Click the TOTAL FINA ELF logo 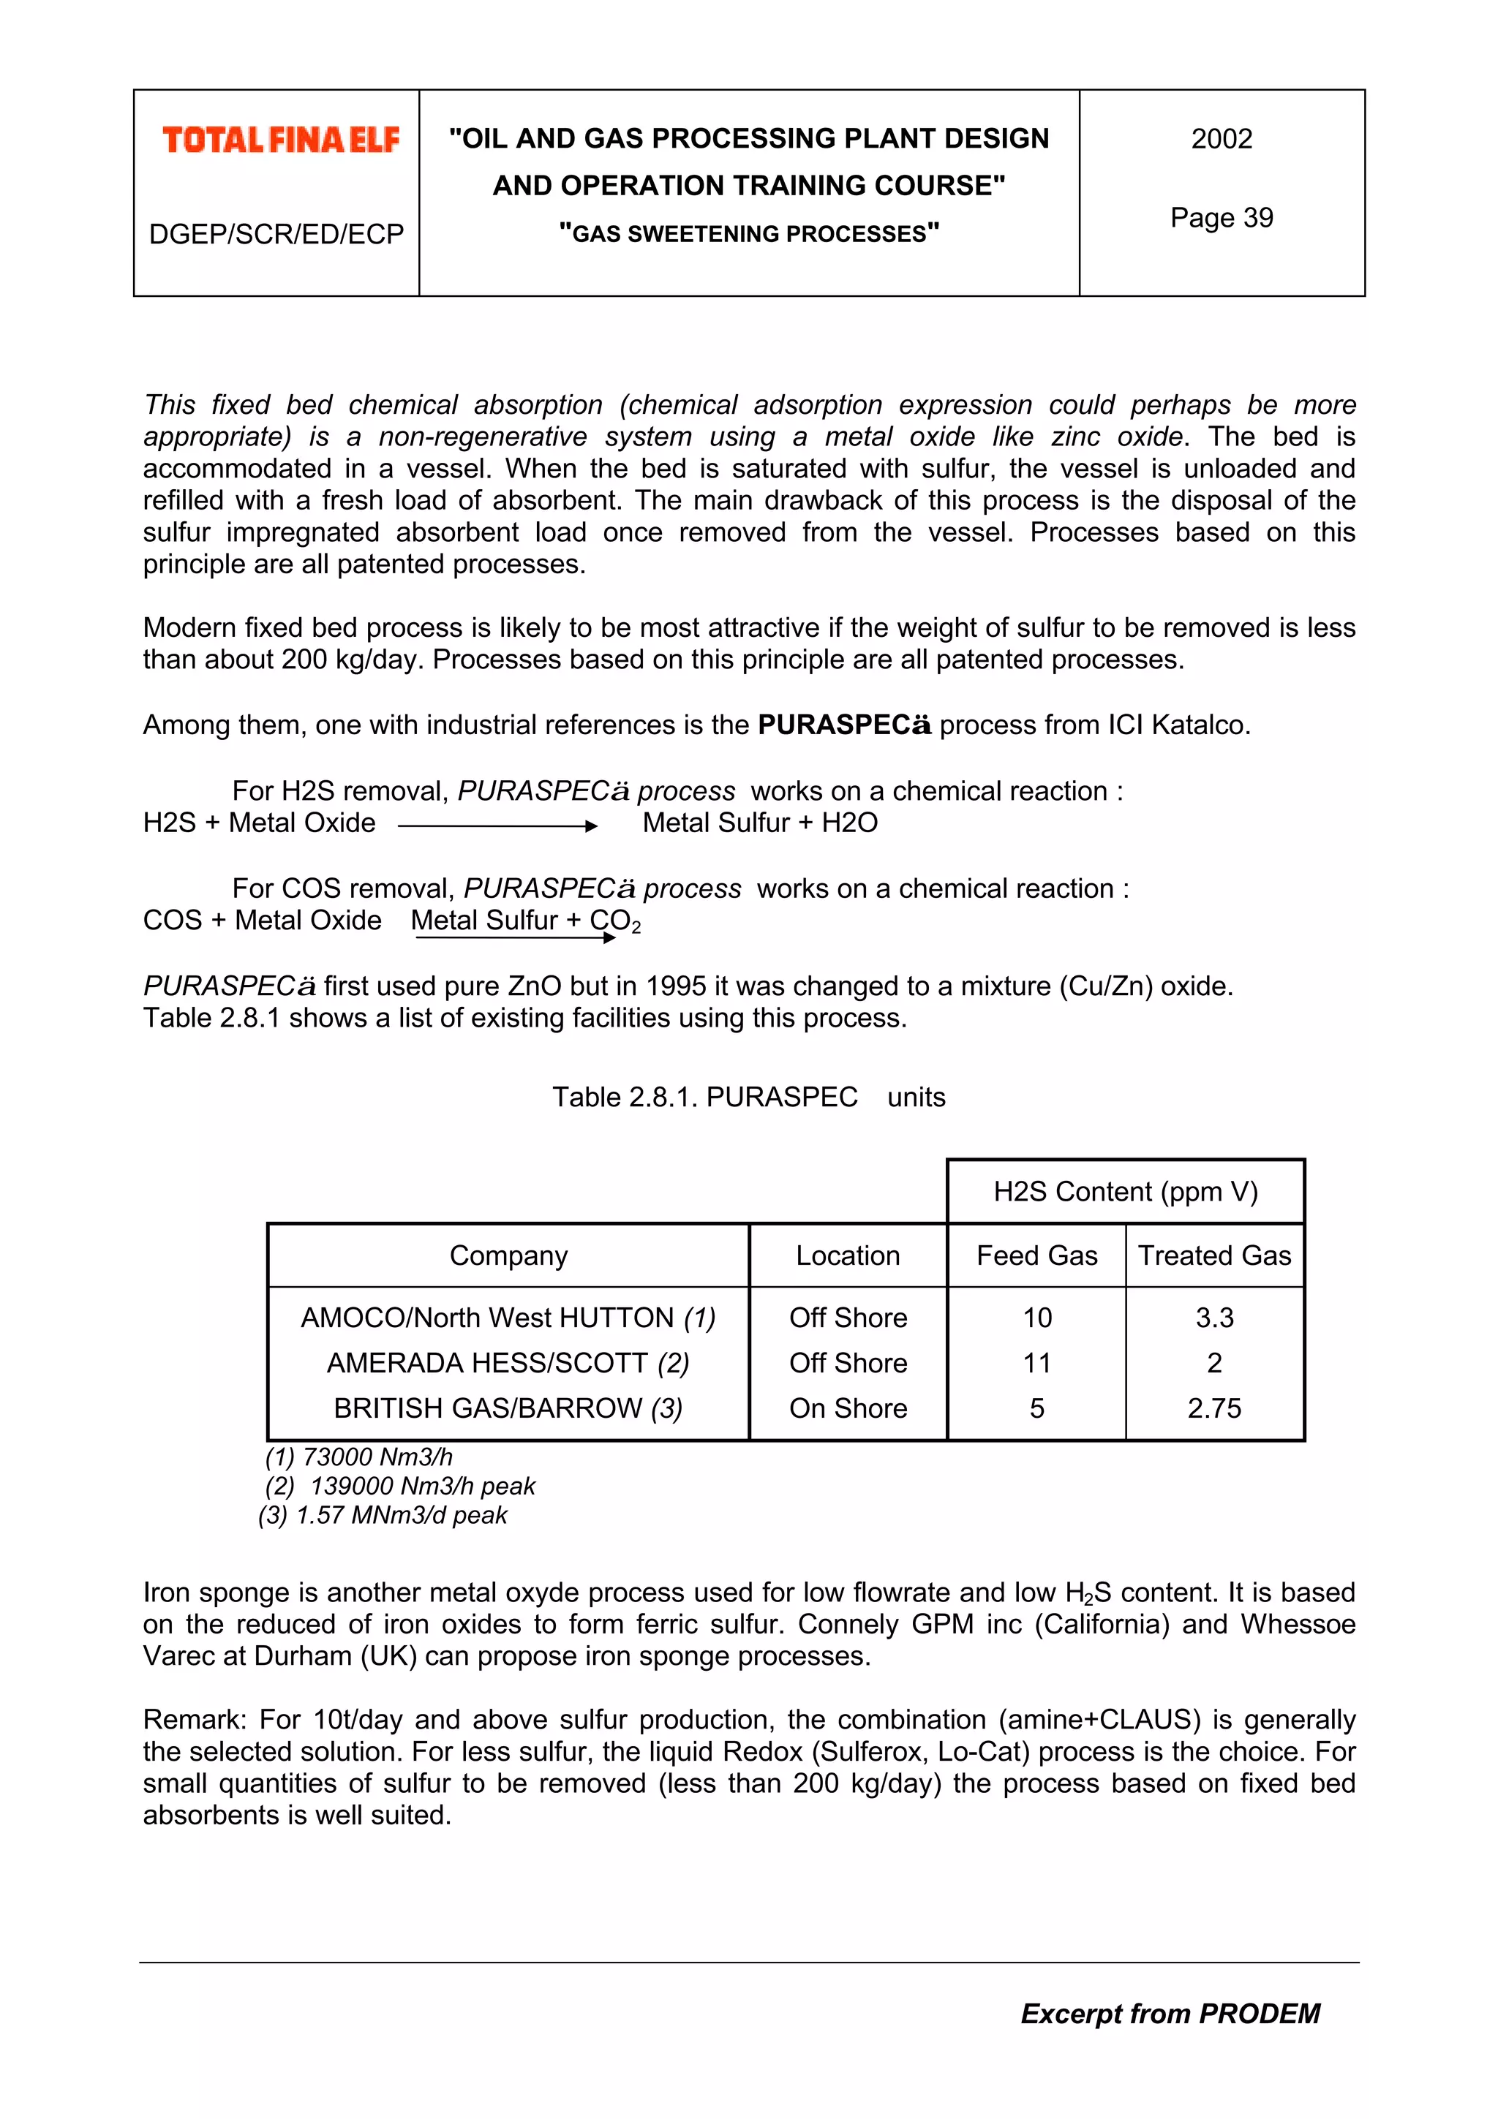(281, 140)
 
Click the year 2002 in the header (1221, 138)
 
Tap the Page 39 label (1221, 218)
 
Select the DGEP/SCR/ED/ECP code (276, 235)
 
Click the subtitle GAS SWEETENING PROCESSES (748, 233)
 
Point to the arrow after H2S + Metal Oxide (497, 826)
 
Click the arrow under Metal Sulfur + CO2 (515, 937)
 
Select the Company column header (508, 1255)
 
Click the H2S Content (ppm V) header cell (1125, 1191)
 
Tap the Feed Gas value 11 (1036, 1363)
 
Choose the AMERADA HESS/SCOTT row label (508, 1363)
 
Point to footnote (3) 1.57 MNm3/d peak (383, 1516)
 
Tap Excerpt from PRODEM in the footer (1170, 2013)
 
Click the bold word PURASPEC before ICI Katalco (843, 725)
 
